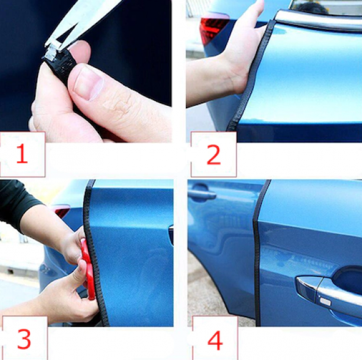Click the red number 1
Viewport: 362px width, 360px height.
[22, 153]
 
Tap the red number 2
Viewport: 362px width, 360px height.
[213, 155]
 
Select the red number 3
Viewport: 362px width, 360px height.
[24, 339]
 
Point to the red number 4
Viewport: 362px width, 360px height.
[215, 341]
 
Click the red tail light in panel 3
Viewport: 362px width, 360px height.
[62, 211]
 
